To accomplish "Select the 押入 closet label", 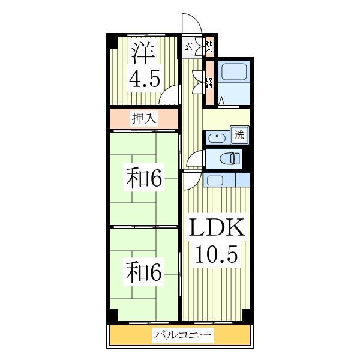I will [144, 118].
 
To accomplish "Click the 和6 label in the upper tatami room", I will [144, 178].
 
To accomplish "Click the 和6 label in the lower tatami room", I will [144, 273].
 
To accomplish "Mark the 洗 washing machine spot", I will [239, 135].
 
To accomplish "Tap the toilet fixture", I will [229, 158].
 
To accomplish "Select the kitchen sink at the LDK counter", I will [215, 179].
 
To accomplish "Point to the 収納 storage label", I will [209, 81].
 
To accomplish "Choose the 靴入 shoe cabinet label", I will [208, 46].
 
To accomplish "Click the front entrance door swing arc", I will [193, 24].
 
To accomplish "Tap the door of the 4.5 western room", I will [172, 95].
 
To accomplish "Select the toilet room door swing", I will [194, 160].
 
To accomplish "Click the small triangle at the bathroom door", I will [223, 103].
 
